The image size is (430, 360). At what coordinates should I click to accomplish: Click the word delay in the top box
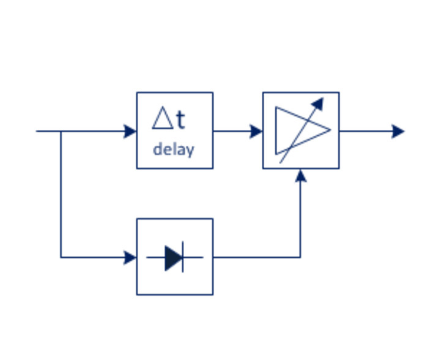point(173,149)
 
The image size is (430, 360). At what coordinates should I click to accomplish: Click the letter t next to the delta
point(179,120)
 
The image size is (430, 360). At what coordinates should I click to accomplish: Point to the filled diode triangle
point(173,257)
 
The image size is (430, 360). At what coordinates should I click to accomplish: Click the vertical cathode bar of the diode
point(183,257)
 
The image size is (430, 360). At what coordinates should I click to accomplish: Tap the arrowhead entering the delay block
point(130,131)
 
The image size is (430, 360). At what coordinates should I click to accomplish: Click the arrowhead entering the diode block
point(130,257)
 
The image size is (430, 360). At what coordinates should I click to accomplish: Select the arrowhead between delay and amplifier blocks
point(256,131)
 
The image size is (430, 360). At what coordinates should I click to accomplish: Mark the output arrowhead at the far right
point(398,131)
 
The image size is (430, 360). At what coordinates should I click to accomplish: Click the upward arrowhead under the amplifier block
point(300,176)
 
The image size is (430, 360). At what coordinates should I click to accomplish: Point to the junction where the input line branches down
point(61,131)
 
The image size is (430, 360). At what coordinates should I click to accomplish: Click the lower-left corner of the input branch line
point(61,257)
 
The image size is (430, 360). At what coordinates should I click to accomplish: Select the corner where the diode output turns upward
point(300,257)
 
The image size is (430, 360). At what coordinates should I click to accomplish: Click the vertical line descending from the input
point(61,196)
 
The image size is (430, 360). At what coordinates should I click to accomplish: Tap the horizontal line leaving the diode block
point(257,257)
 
